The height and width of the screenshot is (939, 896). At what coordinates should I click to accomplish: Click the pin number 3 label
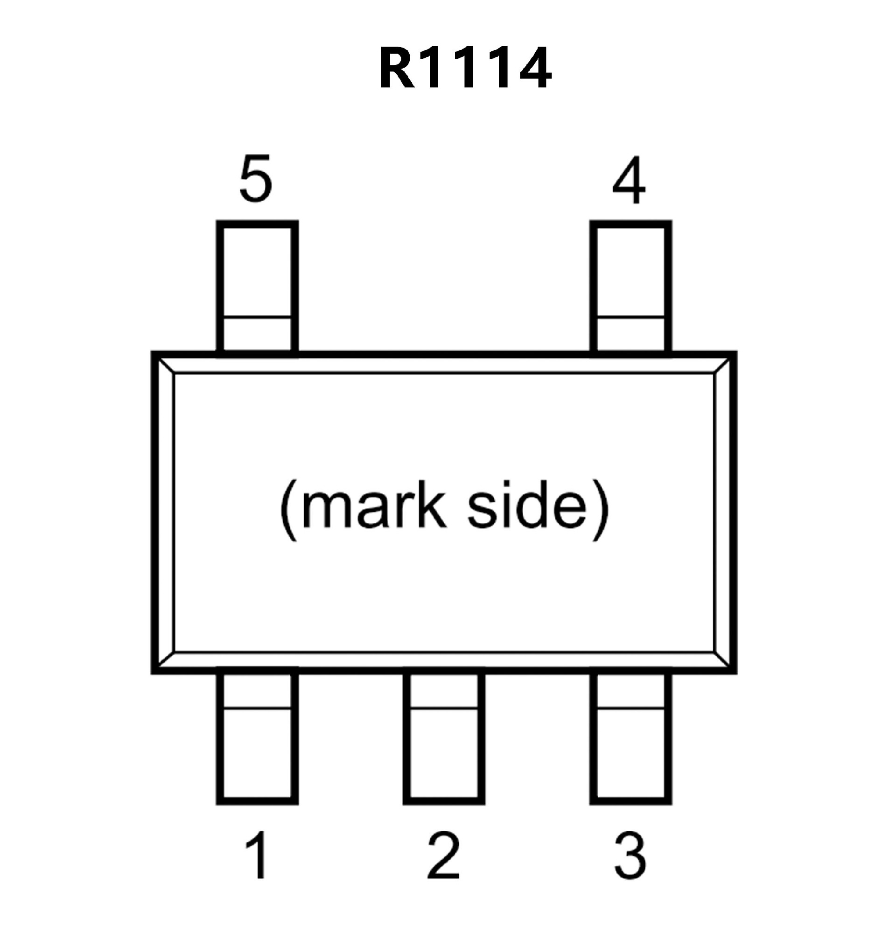point(630,855)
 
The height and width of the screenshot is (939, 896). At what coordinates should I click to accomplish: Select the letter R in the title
point(396,68)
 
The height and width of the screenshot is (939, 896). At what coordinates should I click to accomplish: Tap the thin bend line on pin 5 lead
point(257,316)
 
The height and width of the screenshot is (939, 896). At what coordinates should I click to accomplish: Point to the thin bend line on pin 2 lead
point(444,708)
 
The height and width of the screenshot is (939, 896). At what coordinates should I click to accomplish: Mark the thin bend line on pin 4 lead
point(630,316)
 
